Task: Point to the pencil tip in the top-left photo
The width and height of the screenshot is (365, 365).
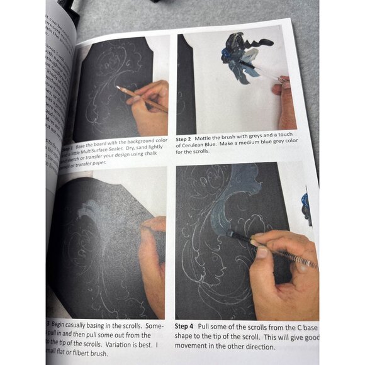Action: click(x=118, y=88)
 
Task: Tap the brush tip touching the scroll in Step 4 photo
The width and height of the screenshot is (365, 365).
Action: click(x=229, y=234)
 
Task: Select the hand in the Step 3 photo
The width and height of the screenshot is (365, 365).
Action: click(x=151, y=258)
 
